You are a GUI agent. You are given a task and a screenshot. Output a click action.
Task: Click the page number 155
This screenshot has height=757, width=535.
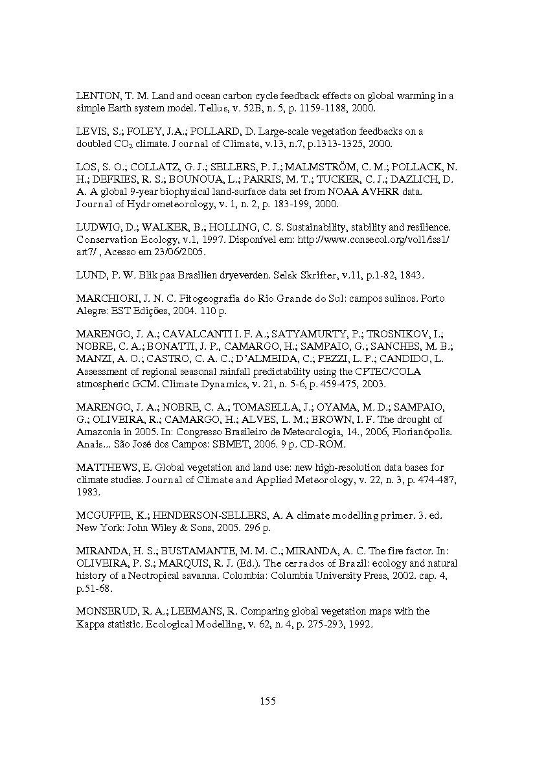(267, 701)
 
